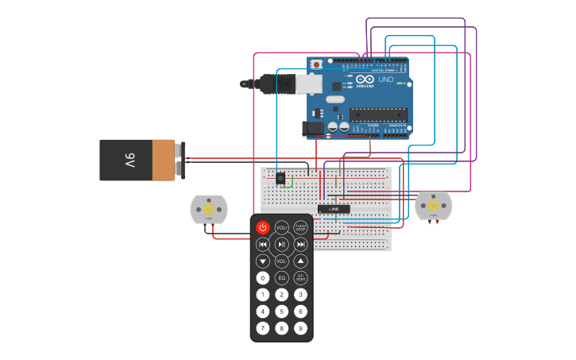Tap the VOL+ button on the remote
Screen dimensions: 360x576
pyautogui.click(x=281, y=227)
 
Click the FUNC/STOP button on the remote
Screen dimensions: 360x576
pyautogui.click(x=300, y=227)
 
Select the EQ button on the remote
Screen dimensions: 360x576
pyautogui.click(x=281, y=278)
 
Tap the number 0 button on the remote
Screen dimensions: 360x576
pyautogui.click(x=263, y=278)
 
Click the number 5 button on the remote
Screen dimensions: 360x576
pyautogui.click(x=281, y=312)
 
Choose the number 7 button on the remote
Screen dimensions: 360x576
pyautogui.click(x=263, y=328)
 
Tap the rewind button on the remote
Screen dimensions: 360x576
pyautogui.click(x=263, y=244)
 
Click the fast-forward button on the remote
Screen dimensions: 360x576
pyautogui.click(x=300, y=244)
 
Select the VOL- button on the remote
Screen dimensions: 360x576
pyautogui.click(x=281, y=261)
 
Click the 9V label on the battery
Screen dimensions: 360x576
pyautogui.click(x=130, y=160)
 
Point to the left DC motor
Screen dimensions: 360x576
pyautogui.click(x=209, y=209)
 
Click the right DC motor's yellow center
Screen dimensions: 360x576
pyautogui.click(x=433, y=206)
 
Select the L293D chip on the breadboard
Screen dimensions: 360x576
pyautogui.click(x=334, y=209)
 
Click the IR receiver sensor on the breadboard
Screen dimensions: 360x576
pyautogui.click(x=280, y=178)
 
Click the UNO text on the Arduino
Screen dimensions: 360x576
pyautogui.click(x=385, y=79)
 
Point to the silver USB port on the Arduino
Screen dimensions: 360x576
pyautogui.click(x=308, y=83)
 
